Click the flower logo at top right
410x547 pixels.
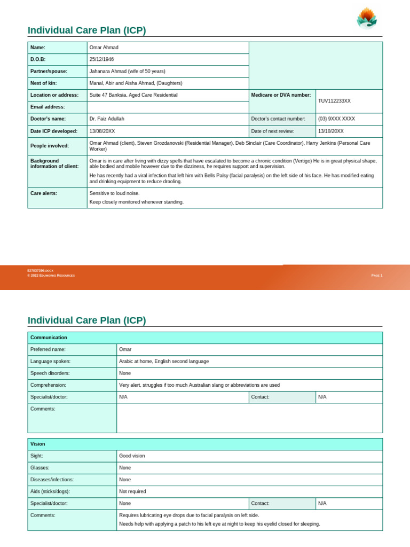367,18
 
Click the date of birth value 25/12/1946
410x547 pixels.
101,59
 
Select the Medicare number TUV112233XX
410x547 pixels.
334,101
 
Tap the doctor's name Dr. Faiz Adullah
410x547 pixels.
107,119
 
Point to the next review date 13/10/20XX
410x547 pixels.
331,131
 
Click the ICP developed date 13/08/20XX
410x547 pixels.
102,131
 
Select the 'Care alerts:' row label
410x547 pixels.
44,193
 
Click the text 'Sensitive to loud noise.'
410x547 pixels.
114,193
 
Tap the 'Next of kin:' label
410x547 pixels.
43,83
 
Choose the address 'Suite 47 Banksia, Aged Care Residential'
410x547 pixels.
133,95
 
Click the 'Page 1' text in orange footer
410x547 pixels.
376,276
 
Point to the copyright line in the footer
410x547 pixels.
51,276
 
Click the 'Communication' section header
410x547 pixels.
49,338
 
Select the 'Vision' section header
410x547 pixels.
38,444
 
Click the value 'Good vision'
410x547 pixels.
132,456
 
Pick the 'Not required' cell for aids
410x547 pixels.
132,491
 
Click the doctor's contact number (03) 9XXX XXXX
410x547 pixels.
336,119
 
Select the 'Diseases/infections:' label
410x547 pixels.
52,480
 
